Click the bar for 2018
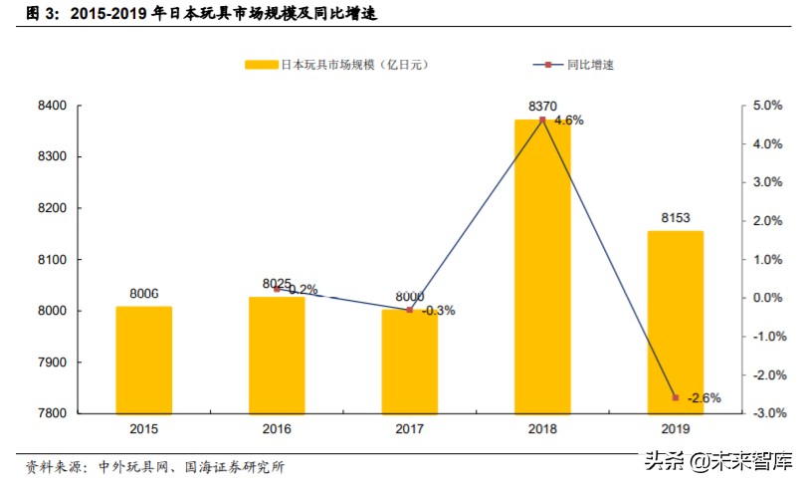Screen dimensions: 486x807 pos(542,266)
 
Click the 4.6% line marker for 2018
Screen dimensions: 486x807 pos(542,120)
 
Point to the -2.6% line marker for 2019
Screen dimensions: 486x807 pos(675,397)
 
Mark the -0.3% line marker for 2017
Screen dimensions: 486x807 pos(409,310)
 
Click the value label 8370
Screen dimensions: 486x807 pos(542,105)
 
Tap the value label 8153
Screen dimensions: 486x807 pos(675,219)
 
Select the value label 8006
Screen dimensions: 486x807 pos(144,294)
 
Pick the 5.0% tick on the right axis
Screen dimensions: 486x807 pos(767,106)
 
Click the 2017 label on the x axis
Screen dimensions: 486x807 pos(409,429)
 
